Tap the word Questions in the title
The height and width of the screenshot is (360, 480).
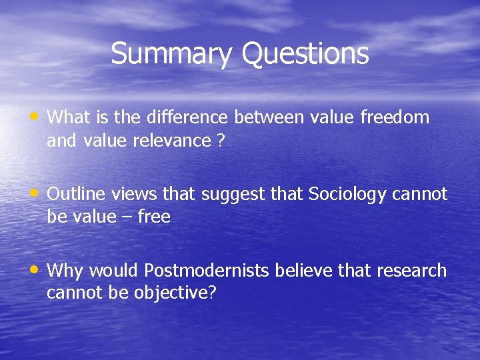tap(305, 53)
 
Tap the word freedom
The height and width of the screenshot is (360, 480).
tap(395, 118)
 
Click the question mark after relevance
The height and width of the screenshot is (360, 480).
tap(220, 141)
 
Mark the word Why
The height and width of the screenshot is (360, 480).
tap(65, 271)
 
